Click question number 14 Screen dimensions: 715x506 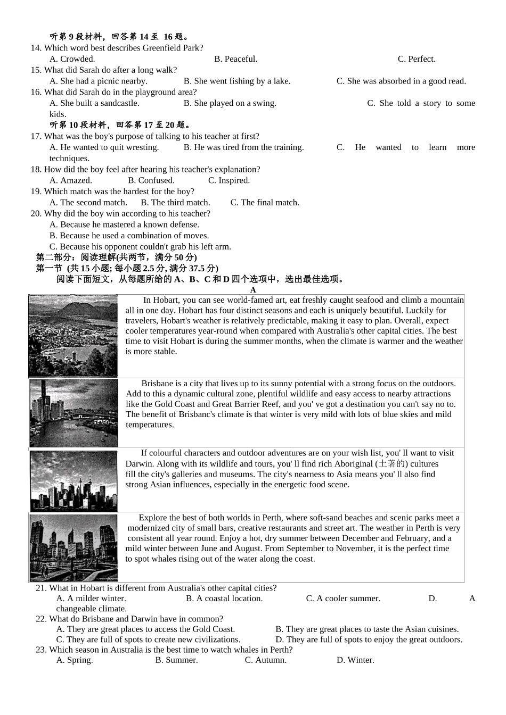click(x=36, y=48)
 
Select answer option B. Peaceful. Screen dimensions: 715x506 click(x=235, y=59)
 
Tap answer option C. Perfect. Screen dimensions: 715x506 click(x=417, y=59)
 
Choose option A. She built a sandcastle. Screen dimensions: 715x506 click(x=94, y=103)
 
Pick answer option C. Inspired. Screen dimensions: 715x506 click(x=229, y=180)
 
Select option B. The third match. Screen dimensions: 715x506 click(x=175, y=203)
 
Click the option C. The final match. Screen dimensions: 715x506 click(x=265, y=203)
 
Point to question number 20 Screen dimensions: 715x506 click(x=36, y=214)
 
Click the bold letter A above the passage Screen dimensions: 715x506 click(x=253, y=290)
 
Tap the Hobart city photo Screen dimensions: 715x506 click(x=73, y=336)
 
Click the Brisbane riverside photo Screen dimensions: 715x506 click(x=74, y=413)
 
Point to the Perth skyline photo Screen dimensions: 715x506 click(x=74, y=547)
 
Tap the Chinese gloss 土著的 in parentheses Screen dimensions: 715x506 click(x=392, y=464)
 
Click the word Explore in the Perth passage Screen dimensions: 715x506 click(x=153, y=518)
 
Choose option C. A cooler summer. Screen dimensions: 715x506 click(x=343, y=598)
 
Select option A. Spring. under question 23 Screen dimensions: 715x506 click(x=75, y=660)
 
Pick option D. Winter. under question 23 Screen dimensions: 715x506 click(x=355, y=660)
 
